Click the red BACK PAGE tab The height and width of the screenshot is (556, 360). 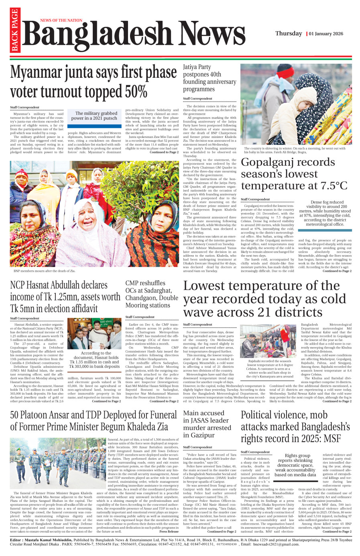pyautogui.click(x=15, y=30)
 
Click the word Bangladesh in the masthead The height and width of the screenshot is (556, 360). pyautogui.click(x=96, y=34)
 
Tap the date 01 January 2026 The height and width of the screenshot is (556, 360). pyautogui.click(x=326, y=34)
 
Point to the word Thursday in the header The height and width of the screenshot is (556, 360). pyautogui.click(x=288, y=34)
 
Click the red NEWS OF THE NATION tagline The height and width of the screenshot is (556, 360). pyautogui.click(x=61, y=20)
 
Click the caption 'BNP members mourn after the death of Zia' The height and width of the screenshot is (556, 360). pyautogui.click(x=44, y=271)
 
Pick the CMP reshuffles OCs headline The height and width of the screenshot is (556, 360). pyautogui.click(x=151, y=294)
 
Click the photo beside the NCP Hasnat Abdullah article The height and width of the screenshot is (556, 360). pyautogui.click(x=94, y=335)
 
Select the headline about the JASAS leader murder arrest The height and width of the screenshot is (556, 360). pyautogui.click(x=207, y=424)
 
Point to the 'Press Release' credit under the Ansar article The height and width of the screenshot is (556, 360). pyautogui.click(x=169, y=532)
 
